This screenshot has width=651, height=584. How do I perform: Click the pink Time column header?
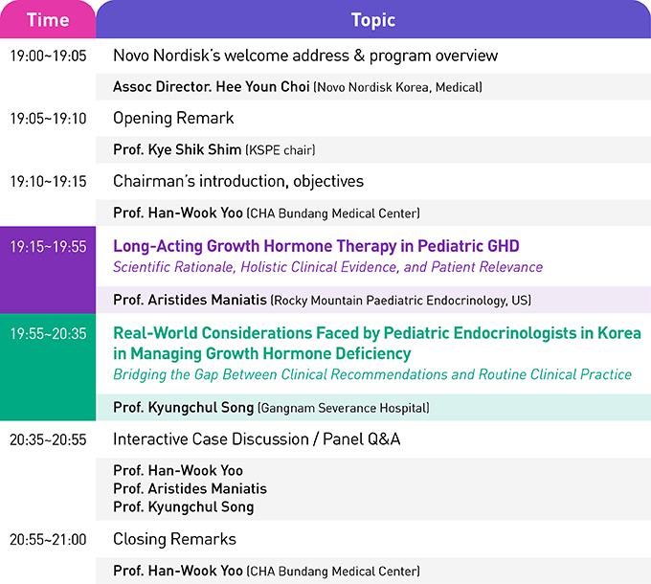[48, 19]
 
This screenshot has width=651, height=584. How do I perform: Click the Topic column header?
[373, 19]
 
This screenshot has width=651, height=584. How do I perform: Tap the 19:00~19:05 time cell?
[48, 56]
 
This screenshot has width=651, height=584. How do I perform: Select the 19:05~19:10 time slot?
[48, 119]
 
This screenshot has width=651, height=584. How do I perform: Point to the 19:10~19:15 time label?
[48, 181]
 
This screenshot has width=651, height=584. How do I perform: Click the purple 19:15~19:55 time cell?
[48, 270]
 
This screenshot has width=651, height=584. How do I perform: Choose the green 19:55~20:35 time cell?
[48, 367]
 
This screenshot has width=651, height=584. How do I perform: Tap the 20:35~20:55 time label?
[48, 440]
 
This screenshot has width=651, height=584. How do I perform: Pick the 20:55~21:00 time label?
[48, 540]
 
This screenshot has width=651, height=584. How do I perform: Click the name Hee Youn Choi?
[263, 87]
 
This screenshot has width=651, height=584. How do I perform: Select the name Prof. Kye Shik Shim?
[177, 149]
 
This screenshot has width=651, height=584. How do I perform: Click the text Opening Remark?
[173, 119]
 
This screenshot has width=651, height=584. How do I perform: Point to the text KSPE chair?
[281, 150]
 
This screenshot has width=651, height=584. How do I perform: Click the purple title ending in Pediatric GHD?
[316, 246]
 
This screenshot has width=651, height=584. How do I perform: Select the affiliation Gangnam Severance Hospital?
[345, 408]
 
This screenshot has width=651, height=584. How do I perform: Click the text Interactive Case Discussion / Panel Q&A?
[257, 439]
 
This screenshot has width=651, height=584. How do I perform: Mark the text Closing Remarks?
[175, 539]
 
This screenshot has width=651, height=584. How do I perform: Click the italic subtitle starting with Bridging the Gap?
[372, 374]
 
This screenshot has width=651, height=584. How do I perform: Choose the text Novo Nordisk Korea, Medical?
[397, 87]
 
